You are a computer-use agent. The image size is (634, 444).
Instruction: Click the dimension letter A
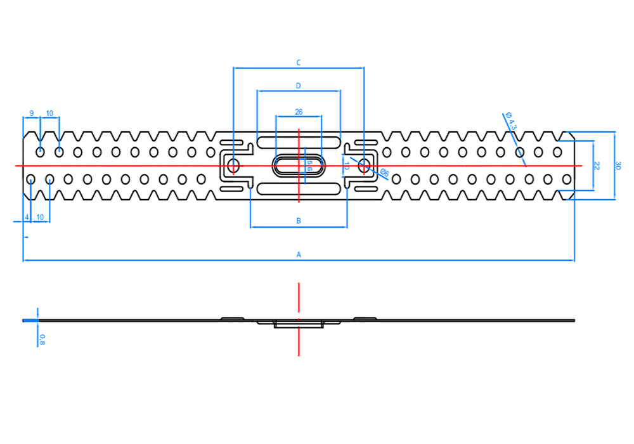(x=299, y=255)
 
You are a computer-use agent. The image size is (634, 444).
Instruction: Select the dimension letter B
(x=299, y=221)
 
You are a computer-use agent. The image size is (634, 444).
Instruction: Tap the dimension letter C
(x=299, y=62)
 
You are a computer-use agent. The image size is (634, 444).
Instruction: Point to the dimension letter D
(x=299, y=85)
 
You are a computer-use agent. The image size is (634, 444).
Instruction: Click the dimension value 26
(x=299, y=112)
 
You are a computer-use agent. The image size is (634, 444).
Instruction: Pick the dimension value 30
(x=618, y=166)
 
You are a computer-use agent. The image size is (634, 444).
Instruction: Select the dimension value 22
(x=597, y=166)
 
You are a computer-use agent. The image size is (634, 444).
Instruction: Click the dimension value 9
(x=32, y=114)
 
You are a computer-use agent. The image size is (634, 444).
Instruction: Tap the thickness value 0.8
(x=42, y=339)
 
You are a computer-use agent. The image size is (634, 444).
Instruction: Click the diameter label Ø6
(x=384, y=172)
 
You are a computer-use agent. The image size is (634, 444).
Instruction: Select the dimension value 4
(x=27, y=217)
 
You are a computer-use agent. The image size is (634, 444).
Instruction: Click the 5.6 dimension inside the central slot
(x=309, y=166)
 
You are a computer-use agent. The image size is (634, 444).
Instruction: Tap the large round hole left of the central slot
(x=233, y=166)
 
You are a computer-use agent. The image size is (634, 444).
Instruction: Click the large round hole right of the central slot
(x=364, y=166)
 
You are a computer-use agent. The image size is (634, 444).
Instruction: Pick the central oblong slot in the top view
(x=299, y=166)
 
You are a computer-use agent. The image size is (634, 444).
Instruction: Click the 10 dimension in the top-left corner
(x=50, y=114)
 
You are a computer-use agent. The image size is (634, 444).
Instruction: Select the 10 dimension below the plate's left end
(x=41, y=217)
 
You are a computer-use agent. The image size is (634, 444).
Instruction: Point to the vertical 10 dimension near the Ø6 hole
(x=346, y=166)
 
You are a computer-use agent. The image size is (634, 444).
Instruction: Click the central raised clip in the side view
(x=299, y=324)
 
